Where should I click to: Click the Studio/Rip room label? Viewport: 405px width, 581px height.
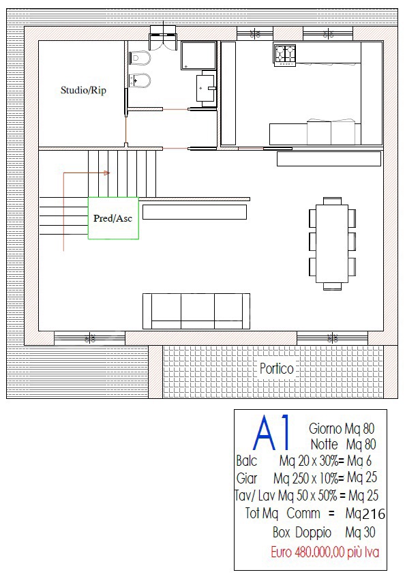point(83,91)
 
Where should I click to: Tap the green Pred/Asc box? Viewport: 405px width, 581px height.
point(113,218)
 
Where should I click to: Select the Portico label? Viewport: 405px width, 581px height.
point(276,369)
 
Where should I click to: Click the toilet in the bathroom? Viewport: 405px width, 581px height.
point(140,58)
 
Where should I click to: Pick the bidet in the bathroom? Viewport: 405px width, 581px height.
point(140,80)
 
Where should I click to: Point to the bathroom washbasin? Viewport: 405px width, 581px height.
point(205,88)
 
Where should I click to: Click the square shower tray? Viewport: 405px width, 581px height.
point(198,56)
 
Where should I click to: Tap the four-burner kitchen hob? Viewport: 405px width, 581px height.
point(285,55)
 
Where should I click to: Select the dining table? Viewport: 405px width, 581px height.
point(332,243)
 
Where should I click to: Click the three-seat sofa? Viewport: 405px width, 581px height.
point(196,311)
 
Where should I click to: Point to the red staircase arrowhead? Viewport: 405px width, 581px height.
point(107,173)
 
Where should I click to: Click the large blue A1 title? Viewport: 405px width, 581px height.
point(271,432)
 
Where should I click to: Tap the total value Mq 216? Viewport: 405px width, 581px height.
point(365,514)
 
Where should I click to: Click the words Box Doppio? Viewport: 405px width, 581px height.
point(302,533)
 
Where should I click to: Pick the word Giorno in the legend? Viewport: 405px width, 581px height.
point(325,429)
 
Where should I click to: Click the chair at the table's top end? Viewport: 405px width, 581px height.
point(332,201)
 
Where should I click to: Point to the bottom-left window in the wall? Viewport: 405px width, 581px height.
point(90,338)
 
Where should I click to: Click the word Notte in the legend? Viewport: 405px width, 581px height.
point(325,444)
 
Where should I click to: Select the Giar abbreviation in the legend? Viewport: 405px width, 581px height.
point(247,478)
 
